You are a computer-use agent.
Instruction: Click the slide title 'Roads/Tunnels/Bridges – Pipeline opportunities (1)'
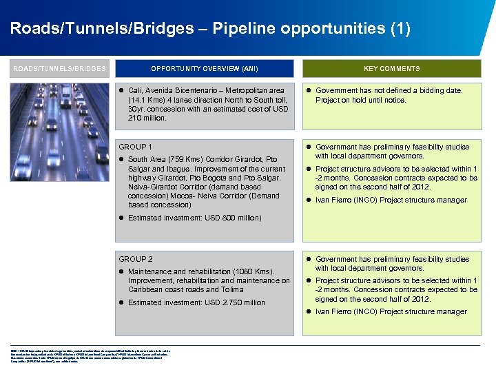click(210, 29)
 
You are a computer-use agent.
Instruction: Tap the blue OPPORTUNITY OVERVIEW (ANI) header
click(205, 68)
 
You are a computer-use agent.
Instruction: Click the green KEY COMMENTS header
click(391, 68)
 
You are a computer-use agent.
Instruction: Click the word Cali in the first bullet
click(135, 90)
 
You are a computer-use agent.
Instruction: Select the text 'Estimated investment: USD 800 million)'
click(195, 218)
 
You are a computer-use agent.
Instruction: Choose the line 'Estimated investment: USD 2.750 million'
click(196, 302)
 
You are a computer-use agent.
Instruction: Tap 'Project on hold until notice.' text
click(360, 100)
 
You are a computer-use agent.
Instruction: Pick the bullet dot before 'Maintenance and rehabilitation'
click(122, 271)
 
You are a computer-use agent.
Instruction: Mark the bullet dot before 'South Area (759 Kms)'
click(122, 160)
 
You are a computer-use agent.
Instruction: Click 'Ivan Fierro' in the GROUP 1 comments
click(332, 200)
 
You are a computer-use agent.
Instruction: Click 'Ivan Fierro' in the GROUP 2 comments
click(332, 311)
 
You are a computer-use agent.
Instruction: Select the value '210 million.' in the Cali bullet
click(147, 118)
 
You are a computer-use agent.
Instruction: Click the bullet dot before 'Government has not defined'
click(309, 90)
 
